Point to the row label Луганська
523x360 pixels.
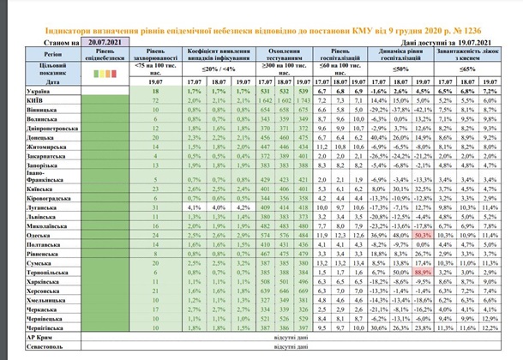click(43, 206)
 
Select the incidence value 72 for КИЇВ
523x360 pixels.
click(157, 99)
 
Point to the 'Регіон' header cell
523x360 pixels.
click(43, 51)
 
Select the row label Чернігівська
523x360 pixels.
click(43, 327)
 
